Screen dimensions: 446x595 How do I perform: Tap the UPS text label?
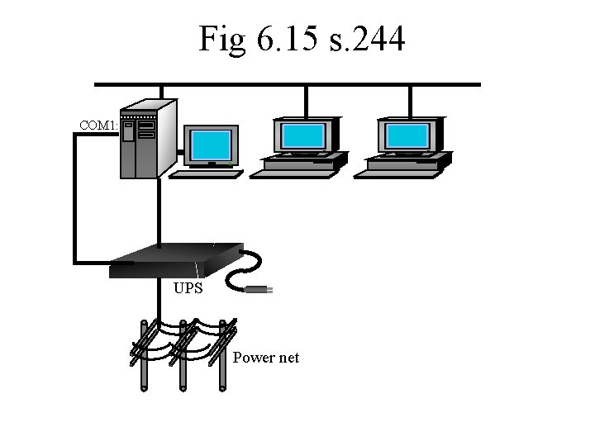[188, 289]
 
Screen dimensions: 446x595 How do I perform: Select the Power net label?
[266, 358]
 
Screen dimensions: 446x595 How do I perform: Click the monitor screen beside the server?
[211, 145]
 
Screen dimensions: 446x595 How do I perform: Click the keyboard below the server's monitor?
[206, 174]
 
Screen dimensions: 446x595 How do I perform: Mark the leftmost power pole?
[144, 355]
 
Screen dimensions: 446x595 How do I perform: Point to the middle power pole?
[183, 355]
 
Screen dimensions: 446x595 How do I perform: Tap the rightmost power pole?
[221, 355]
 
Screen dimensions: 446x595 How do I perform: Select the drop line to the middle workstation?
[307, 101]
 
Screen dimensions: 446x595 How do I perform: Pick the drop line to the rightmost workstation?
[411, 101]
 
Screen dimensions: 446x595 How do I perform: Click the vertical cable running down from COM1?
[76, 198]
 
